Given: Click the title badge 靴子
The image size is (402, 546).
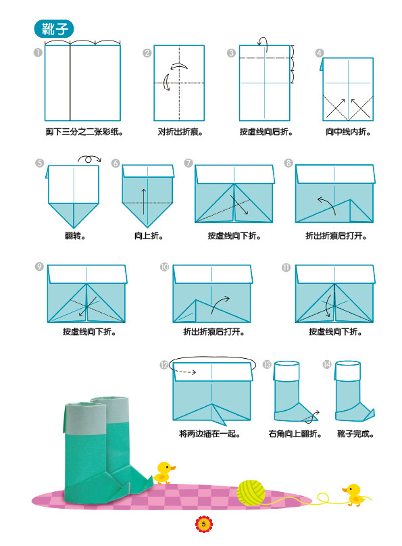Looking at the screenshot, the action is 54,29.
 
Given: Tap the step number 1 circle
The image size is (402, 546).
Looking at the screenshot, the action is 38,53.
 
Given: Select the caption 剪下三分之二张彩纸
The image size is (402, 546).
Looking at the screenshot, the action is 84,132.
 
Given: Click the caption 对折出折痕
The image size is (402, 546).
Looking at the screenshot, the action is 180,132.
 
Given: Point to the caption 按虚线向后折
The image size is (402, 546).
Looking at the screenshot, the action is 266,132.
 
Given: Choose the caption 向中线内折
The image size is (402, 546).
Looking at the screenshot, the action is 348,132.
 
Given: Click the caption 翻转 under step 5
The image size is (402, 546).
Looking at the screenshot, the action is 75,236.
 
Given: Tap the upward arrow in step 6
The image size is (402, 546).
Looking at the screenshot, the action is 143,201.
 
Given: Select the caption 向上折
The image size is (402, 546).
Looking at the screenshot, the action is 149,236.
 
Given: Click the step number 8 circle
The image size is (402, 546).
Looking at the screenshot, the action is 288,163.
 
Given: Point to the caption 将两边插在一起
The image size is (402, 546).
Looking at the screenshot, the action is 209,434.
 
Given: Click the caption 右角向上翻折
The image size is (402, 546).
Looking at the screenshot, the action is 295,434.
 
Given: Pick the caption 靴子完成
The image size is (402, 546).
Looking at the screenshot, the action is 355,434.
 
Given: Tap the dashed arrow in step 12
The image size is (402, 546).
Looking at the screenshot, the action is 185,372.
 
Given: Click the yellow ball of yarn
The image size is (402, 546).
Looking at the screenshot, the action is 251,493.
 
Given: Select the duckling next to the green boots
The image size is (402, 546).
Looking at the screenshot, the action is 164,473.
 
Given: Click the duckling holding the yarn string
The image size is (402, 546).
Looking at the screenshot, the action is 353,495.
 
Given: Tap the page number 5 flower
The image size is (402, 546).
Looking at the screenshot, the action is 203,524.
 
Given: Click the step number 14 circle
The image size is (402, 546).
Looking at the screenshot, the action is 326,365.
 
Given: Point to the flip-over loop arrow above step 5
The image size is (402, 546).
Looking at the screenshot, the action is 89,159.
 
